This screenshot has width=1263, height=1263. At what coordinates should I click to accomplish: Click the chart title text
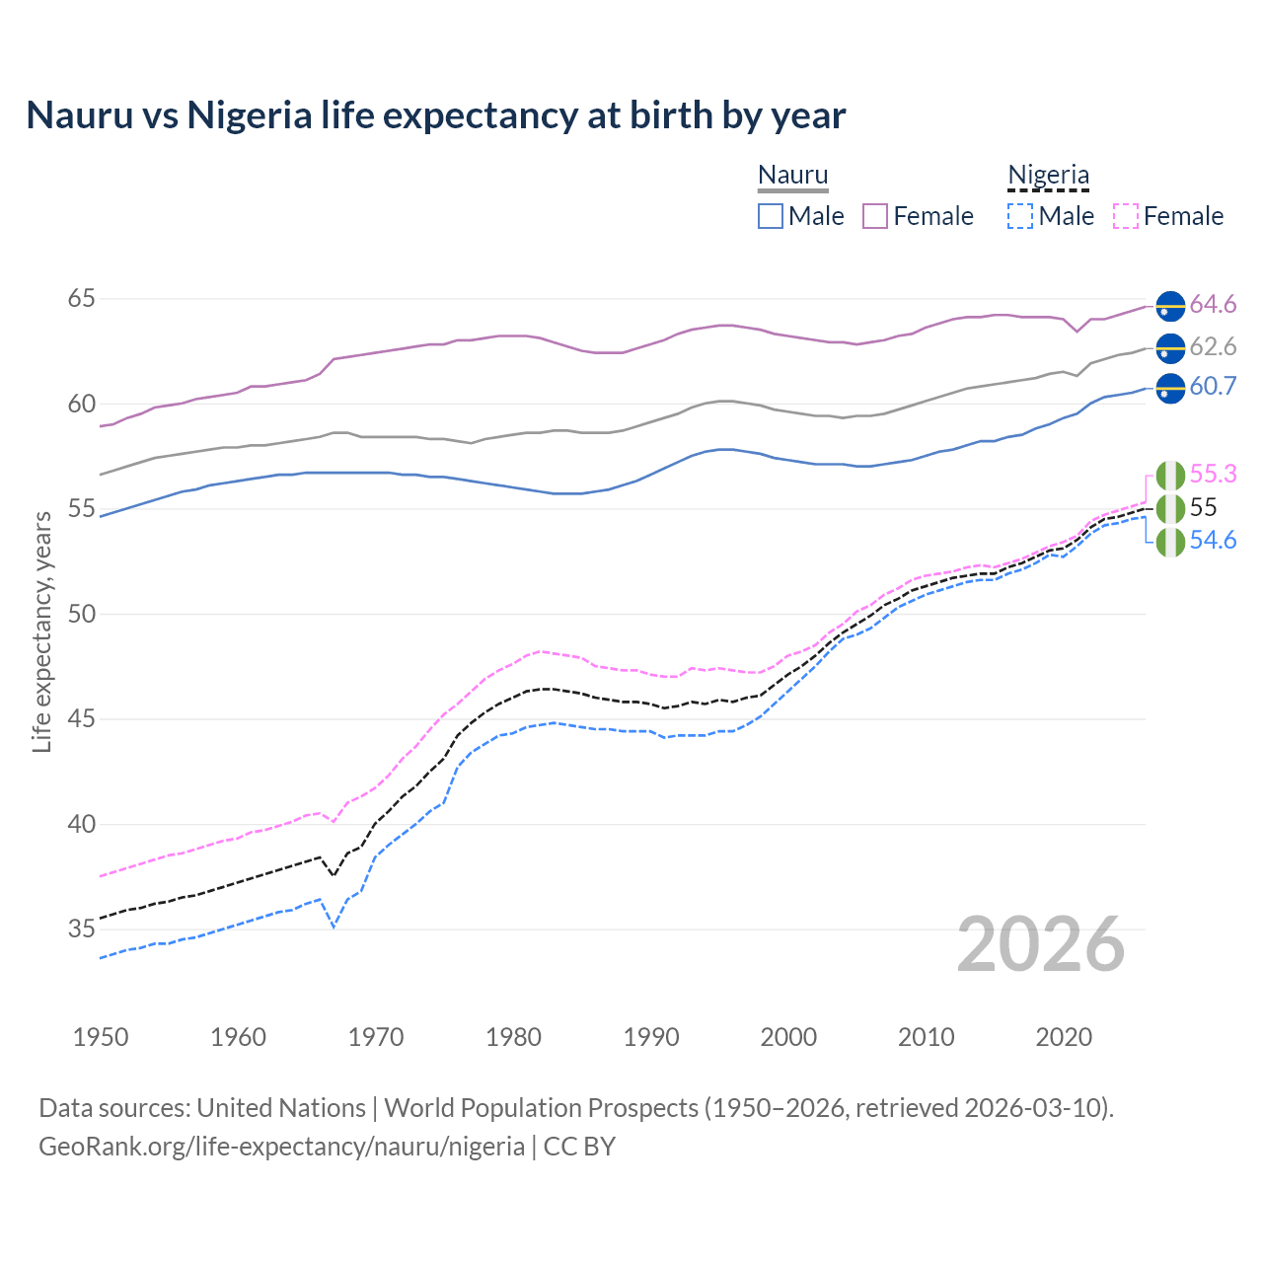(x=435, y=115)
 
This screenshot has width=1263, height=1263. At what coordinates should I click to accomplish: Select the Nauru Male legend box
(x=771, y=216)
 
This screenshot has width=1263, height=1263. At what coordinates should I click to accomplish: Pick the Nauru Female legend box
(x=875, y=216)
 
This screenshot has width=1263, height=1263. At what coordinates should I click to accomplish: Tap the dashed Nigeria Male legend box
(x=1020, y=216)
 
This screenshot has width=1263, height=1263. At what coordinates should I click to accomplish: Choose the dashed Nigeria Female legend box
(x=1126, y=216)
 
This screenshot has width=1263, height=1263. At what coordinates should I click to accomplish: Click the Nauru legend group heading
(x=792, y=176)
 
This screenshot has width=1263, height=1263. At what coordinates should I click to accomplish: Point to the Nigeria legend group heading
(x=1048, y=176)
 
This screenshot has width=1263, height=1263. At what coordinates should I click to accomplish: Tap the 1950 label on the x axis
(x=101, y=1037)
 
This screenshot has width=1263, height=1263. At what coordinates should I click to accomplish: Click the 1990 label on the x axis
(x=651, y=1037)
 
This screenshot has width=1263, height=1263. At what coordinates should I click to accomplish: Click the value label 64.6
(x=1213, y=305)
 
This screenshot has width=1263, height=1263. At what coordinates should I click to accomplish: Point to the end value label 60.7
(x=1213, y=387)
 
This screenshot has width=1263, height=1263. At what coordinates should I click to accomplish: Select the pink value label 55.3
(x=1213, y=475)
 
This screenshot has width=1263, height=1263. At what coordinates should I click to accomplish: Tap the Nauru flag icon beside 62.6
(x=1170, y=347)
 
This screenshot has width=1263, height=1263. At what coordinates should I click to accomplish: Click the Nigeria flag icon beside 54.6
(x=1170, y=542)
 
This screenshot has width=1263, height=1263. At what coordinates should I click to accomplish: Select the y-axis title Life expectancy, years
(x=41, y=631)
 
